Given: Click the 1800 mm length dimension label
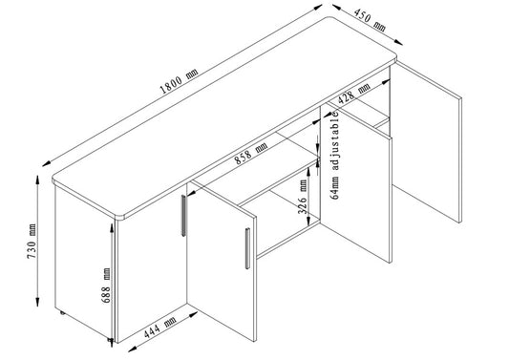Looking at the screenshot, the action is [180, 81].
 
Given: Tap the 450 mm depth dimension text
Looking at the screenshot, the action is [370, 20].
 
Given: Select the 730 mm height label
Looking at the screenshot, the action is [32, 242].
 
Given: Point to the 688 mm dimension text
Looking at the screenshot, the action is [106, 286].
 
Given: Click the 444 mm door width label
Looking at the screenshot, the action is [159, 328].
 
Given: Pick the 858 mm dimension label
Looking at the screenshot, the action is [251, 153].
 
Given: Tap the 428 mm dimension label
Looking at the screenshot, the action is [354, 94].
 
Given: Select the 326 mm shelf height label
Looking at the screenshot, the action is [303, 198].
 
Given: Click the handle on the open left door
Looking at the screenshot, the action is [247, 248].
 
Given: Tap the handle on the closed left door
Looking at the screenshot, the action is [183, 215].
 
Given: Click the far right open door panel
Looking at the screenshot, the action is [426, 141].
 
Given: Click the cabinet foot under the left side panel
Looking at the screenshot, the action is [62, 313].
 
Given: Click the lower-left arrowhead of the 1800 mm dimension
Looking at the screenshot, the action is [47, 164].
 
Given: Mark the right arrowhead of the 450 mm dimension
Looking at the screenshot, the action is [398, 43].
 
